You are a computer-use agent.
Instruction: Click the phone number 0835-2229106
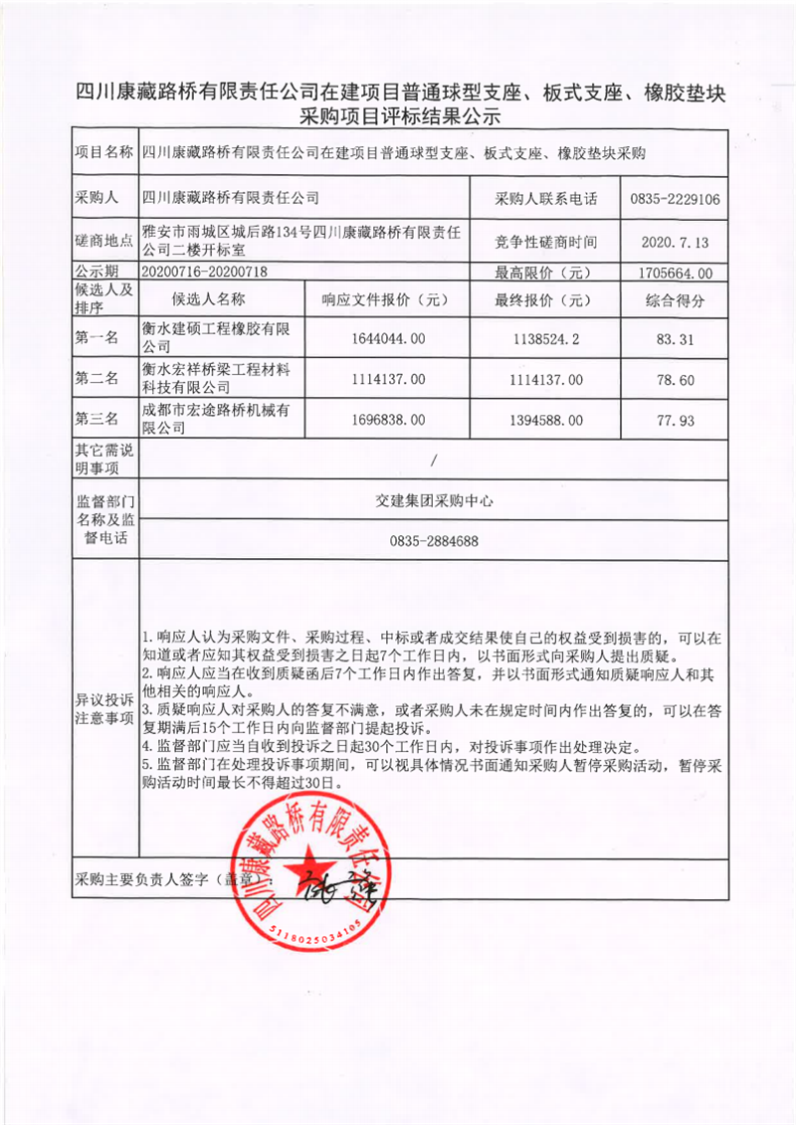(675, 199)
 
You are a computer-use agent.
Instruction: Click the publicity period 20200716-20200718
(206, 272)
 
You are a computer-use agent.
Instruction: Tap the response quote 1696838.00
(388, 421)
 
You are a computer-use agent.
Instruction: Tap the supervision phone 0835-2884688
(435, 542)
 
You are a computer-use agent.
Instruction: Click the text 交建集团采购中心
(435, 501)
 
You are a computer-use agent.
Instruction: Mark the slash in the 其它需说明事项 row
(435, 460)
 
